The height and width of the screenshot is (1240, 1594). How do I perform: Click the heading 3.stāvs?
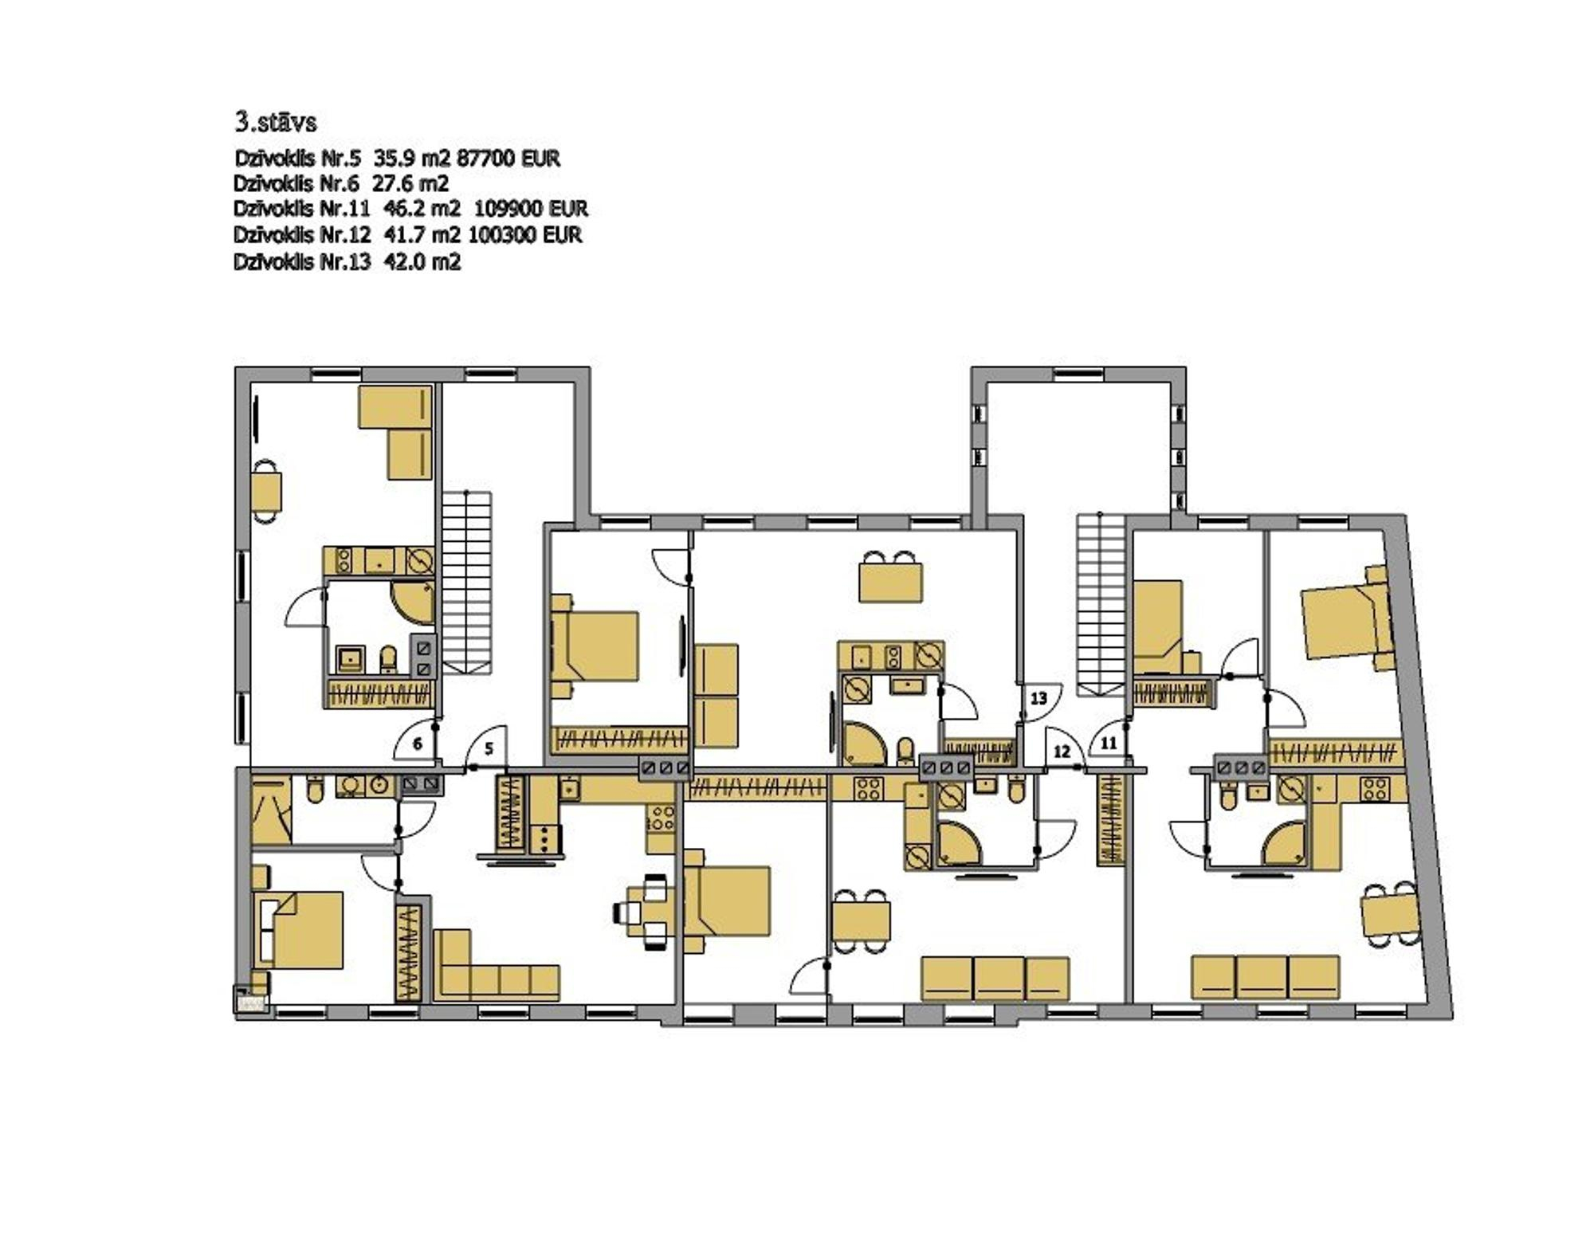[x=275, y=122]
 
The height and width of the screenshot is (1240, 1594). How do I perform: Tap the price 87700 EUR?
[x=508, y=158]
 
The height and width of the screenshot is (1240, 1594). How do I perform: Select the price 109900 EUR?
[x=531, y=209]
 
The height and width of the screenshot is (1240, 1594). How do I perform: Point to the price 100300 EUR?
[x=525, y=235]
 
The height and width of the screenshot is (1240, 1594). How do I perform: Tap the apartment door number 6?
[x=417, y=744]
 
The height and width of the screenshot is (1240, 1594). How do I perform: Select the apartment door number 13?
[x=1038, y=698]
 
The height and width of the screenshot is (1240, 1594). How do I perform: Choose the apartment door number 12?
[x=1061, y=751]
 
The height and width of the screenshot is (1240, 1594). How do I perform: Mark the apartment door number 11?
[x=1109, y=744]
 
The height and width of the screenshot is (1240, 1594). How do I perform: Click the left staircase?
[x=467, y=582]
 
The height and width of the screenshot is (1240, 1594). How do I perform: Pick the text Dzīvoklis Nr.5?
[x=298, y=158]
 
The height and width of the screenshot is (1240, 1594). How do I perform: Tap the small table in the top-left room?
[x=268, y=492]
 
